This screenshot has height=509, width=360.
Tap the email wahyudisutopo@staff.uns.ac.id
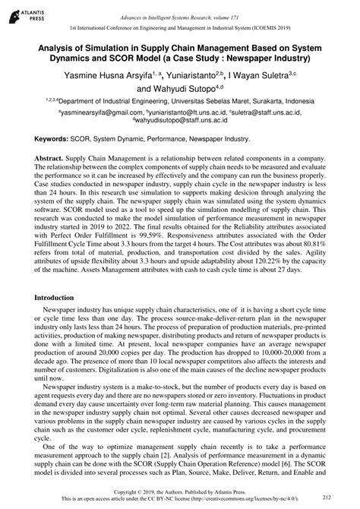(180, 120)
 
